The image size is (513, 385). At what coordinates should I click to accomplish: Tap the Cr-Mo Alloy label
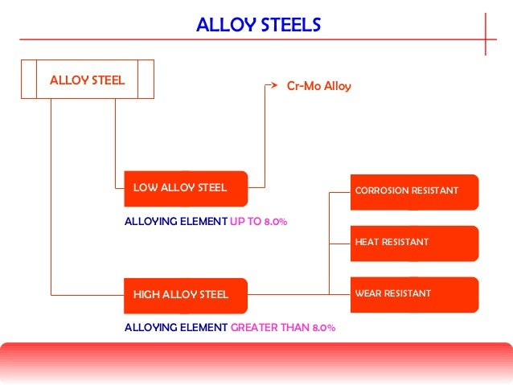[318, 84]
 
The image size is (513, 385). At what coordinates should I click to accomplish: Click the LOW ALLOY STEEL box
[185, 188]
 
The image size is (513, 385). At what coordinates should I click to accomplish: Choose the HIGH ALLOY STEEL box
[185, 294]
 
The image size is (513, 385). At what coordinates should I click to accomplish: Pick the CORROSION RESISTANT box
[413, 191]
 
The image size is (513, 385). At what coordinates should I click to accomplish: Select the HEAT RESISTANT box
[413, 242]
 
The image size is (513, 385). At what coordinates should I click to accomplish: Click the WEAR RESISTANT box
[413, 293]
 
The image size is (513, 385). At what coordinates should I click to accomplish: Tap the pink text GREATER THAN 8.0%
[282, 328]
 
